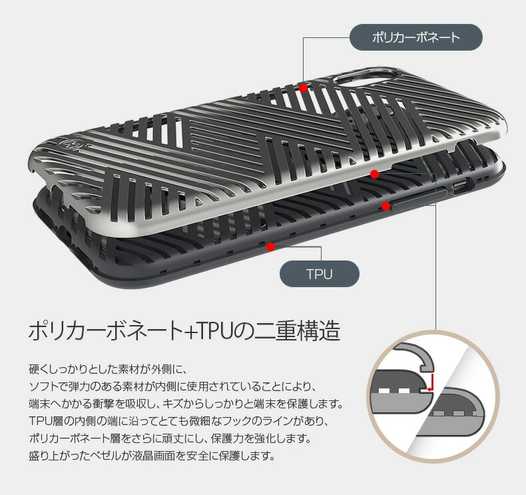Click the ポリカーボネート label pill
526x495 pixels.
pyautogui.click(x=415, y=37)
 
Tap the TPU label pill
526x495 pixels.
pyautogui.click(x=319, y=274)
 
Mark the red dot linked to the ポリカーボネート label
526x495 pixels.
pyautogui.click(x=303, y=88)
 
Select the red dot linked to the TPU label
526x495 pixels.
pyautogui.click(x=270, y=247)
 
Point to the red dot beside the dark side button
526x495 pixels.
pyautogui.click(x=386, y=207)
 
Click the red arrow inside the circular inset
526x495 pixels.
pyautogui.click(x=431, y=383)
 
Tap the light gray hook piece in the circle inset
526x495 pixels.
pyautogui.click(x=414, y=357)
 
